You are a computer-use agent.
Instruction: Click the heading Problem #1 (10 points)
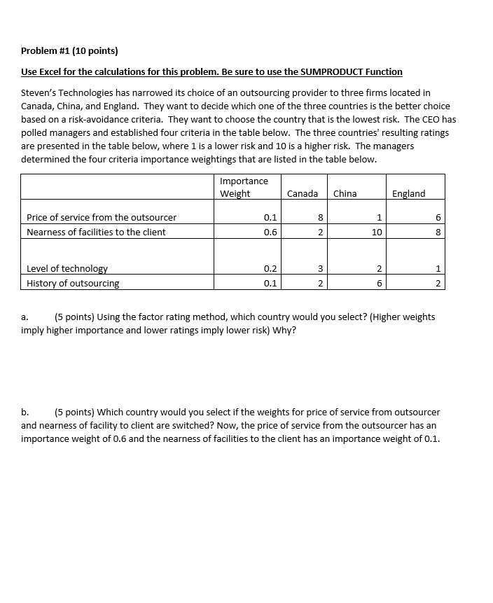[x=69, y=51]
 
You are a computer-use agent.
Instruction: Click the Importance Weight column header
[x=244, y=188]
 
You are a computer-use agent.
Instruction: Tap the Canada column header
[x=302, y=193]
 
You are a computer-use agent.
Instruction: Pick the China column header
[x=345, y=193]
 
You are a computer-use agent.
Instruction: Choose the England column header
[x=408, y=193]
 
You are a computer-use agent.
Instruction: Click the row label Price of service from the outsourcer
[x=102, y=218]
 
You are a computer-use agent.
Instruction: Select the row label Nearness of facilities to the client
[x=96, y=233]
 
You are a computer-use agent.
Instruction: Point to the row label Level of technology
[x=67, y=269]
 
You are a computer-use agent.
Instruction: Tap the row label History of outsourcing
[x=73, y=284]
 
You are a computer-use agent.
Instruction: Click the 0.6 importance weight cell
[x=270, y=233]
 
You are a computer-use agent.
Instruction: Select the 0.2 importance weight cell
[x=270, y=269]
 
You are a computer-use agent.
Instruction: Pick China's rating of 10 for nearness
[x=377, y=233]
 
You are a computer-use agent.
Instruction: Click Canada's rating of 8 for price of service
[x=320, y=218]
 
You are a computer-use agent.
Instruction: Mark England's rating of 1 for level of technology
[x=438, y=269]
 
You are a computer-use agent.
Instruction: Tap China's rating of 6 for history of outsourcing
[x=379, y=284]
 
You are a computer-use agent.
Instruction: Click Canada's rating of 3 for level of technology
[x=320, y=269]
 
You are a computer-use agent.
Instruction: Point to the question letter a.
[x=25, y=317]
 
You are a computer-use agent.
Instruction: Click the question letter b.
[x=25, y=413]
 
